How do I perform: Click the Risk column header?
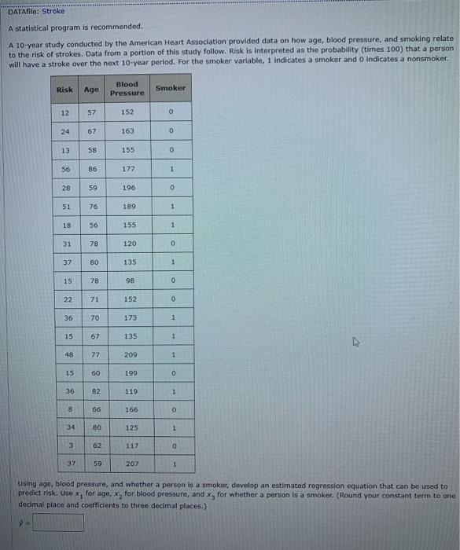click(x=64, y=90)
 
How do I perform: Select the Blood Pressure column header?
click(x=127, y=89)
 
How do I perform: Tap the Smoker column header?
click(x=171, y=88)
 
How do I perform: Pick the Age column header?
click(x=91, y=90)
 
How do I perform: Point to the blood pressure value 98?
click(x=129, y=280)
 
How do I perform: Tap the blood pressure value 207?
click(x=129, y=464)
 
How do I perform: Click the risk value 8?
click(x=70, y=409)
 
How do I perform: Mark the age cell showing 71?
click(x=93, y=299)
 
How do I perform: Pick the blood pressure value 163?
click(x=128, y=131)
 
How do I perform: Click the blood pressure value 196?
click(x=129, y=188)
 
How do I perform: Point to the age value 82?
click(x=95, y=390)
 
